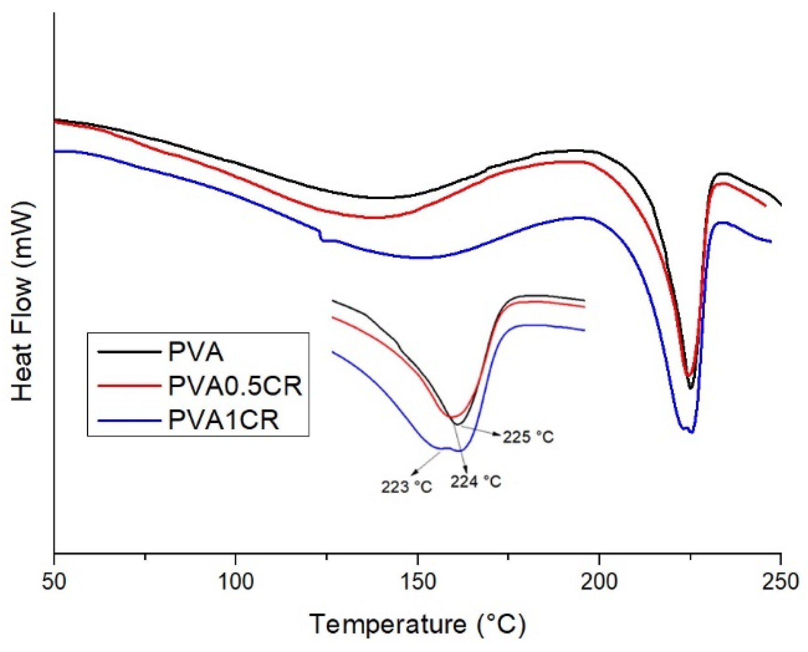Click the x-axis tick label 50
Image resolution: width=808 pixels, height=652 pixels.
click(54, 583)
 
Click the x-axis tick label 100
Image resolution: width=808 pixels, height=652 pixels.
click(235, 583)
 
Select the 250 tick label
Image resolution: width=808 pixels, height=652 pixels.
click(780, 583)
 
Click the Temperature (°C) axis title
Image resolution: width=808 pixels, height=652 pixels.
click(418, 624)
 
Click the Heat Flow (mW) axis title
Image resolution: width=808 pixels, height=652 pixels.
click(23, 302)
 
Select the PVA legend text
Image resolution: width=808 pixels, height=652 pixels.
click(196, 353)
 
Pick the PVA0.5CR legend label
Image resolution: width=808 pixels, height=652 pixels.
click(235, 386)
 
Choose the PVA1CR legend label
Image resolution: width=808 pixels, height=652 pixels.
click(223, 420)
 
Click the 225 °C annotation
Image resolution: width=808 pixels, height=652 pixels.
click(528, 437)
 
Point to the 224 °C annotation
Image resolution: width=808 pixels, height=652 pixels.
click(476, 481)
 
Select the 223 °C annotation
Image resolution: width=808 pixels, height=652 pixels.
click(406, 487)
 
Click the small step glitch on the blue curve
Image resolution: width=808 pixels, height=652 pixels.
click(321, 235)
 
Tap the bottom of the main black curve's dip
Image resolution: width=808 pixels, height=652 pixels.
click(690, 388)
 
